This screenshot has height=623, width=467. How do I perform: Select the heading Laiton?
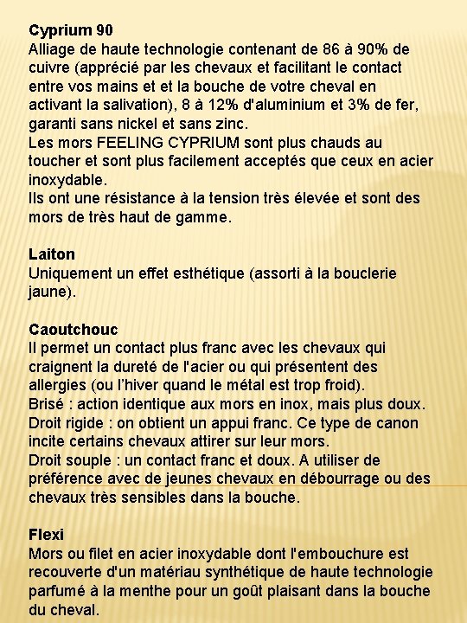(x=52, y=254)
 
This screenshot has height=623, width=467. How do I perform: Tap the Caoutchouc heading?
(x=73, y=330)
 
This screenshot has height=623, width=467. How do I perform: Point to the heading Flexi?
(x=46, y=535)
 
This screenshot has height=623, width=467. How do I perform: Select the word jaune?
(x=50, y=292)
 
